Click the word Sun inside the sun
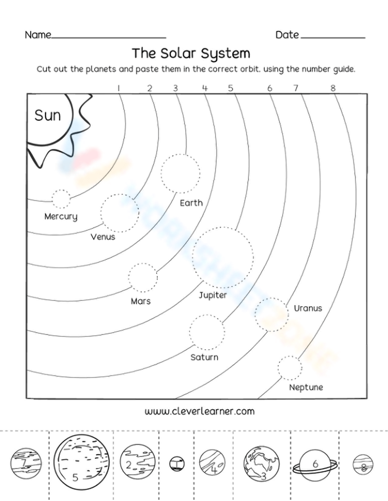pos(48,115)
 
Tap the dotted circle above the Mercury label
pos(61,199)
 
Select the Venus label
pos(103,236)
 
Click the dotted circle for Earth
pos(181,173)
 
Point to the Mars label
pos(140,301)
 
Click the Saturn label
pos(204,357)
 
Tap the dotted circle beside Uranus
pos(272,314)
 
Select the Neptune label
pos(306,387)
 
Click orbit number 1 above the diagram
pos(118,88)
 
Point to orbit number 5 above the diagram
pos(230,88)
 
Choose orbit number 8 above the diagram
pos(333,88)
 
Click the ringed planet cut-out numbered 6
pos(315,464)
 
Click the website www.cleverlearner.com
pos(199,411)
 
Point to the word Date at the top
pos(287,35)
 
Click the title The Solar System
pos(191,53)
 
